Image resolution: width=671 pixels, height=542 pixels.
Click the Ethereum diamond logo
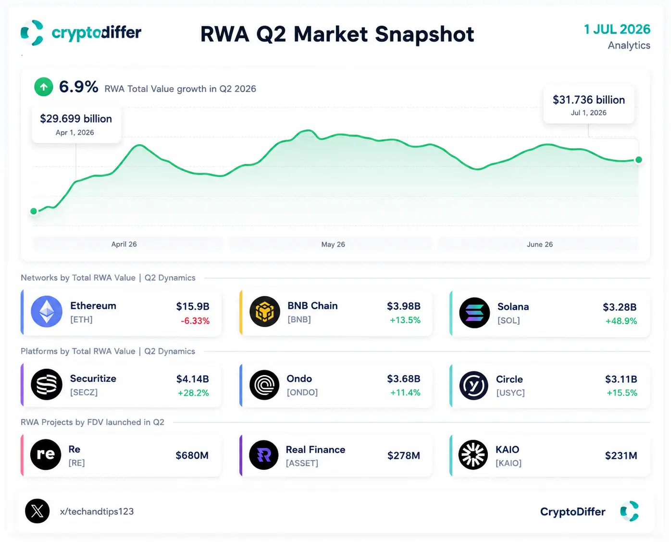46,311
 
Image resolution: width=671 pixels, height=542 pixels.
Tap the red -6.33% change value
195,321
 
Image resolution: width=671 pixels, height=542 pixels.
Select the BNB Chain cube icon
265,311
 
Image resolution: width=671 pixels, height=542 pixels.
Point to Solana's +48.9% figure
621,321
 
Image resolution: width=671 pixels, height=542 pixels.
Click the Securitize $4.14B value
192,379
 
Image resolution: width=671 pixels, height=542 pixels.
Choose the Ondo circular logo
264,385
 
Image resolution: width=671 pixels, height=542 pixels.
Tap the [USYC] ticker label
510,392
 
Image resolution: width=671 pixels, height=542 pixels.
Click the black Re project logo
46,454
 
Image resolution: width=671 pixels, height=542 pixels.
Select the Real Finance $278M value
404,455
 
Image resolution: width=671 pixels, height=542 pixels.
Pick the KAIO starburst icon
473,455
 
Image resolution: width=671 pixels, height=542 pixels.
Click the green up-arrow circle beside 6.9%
43,87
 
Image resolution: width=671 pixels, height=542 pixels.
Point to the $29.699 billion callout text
76,119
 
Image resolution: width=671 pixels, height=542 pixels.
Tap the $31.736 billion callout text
589,100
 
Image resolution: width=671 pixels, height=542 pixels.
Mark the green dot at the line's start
34,211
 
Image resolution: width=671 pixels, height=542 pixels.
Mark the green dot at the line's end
638,160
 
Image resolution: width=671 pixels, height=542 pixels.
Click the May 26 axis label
333,244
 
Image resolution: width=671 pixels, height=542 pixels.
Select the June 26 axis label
540,244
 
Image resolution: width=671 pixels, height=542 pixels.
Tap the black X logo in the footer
37,511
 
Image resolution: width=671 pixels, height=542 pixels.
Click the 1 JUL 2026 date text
617,29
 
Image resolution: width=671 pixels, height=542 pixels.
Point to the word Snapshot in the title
424,34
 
